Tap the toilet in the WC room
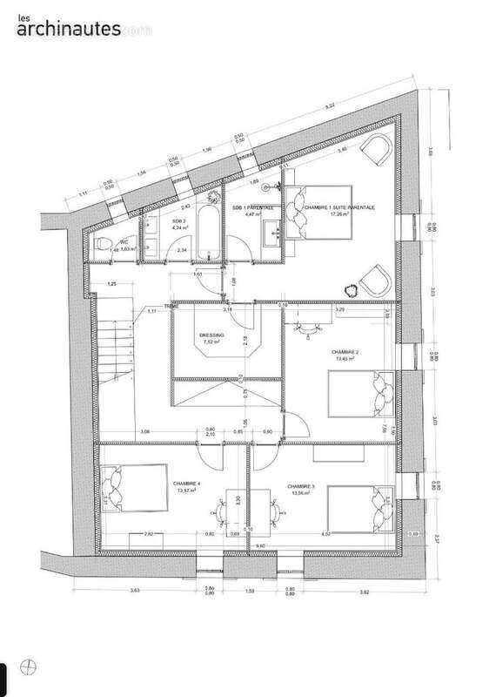tap(102, 245)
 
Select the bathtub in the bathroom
tap(210, 232)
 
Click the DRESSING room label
tap(211, 335)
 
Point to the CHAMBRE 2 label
tap(345, 353)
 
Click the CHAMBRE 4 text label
tap(186, 484)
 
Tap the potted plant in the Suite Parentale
tap(354, 291)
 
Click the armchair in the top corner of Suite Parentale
tap(377, 150)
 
